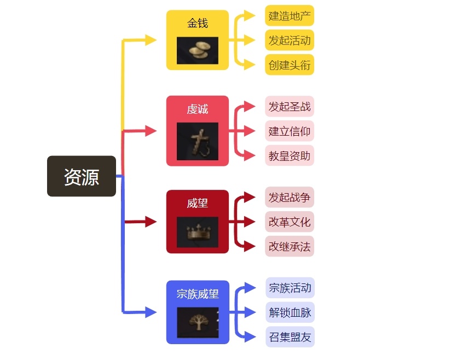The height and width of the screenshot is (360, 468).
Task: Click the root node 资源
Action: point(82,176)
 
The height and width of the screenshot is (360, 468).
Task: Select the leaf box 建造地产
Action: point(290,15)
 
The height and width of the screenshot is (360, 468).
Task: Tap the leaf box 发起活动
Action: point(290,40)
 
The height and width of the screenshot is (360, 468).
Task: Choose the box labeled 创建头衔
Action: point(290,65)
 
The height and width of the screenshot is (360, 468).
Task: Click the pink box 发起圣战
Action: point(290,106)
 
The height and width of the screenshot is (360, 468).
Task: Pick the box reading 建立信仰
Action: point(290,131)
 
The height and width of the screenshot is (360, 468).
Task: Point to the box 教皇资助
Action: point(290,156)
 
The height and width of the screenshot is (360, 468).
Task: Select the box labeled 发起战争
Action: point(290,197)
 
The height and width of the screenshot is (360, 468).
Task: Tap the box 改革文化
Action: point(290,222)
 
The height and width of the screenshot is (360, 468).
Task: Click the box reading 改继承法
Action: point(290,246)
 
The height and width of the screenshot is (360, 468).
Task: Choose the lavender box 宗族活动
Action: point(290,288)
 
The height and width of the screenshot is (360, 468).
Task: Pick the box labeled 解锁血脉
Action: point(290,312)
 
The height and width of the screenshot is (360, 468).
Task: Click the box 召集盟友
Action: point(290,337)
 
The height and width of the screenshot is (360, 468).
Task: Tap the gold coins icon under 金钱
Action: point(198,50)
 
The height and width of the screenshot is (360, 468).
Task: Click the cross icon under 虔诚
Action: point(198,141)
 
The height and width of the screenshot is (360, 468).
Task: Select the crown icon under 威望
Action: point(198,232)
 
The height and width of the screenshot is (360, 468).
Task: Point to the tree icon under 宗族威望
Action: point(198,322)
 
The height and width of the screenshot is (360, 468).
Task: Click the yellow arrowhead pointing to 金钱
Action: point(151,39)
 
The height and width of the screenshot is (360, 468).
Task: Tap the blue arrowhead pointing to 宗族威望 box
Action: point(151,313)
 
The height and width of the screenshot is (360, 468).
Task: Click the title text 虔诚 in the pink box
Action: point(198,109)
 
